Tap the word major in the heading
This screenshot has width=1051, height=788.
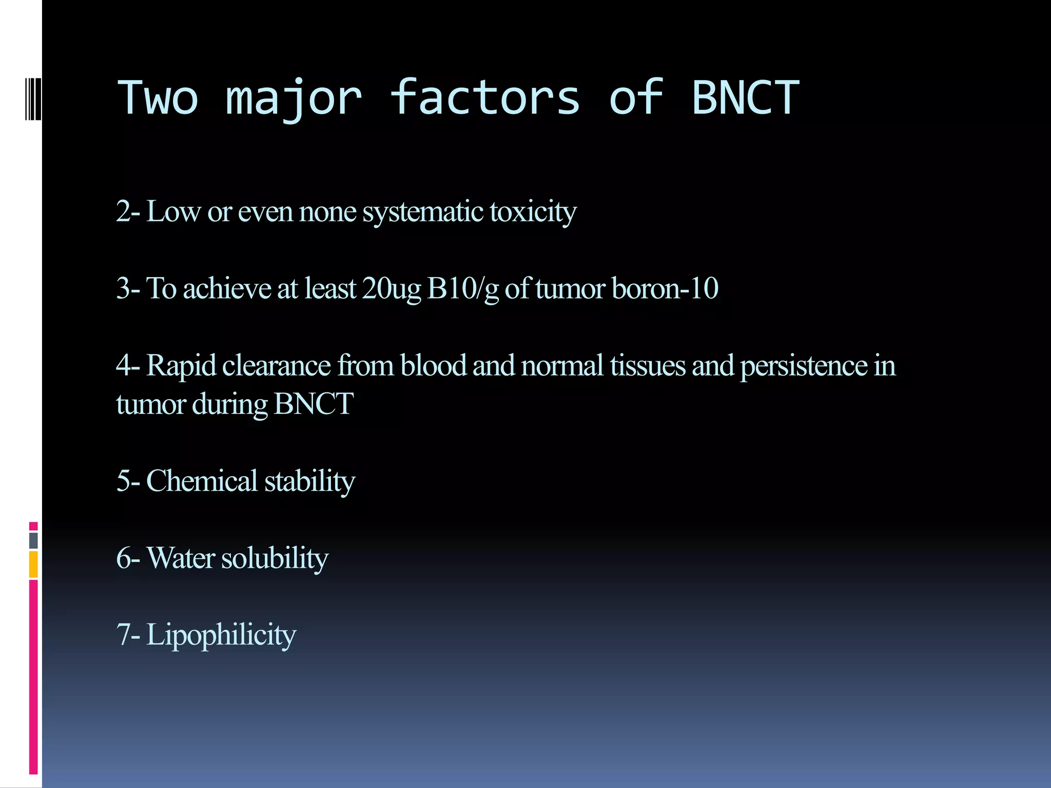(294, 98)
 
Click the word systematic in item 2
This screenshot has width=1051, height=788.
(423, 212)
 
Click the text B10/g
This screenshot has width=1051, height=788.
(463, 289)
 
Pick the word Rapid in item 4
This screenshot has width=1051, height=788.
(181, 366)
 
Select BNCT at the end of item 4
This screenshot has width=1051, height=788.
(314, 404)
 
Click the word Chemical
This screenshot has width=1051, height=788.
(202, 481)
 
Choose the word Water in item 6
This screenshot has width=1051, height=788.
(181, 558)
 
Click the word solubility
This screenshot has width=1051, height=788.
(275, 558)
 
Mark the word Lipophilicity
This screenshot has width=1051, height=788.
(221, 635)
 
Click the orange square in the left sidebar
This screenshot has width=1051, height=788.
(33, 564)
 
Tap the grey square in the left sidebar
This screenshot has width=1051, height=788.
(33, 540)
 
